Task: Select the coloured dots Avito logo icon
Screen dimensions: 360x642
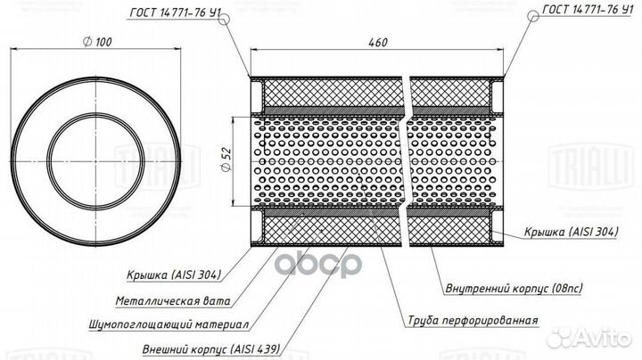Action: click(563, 336)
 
